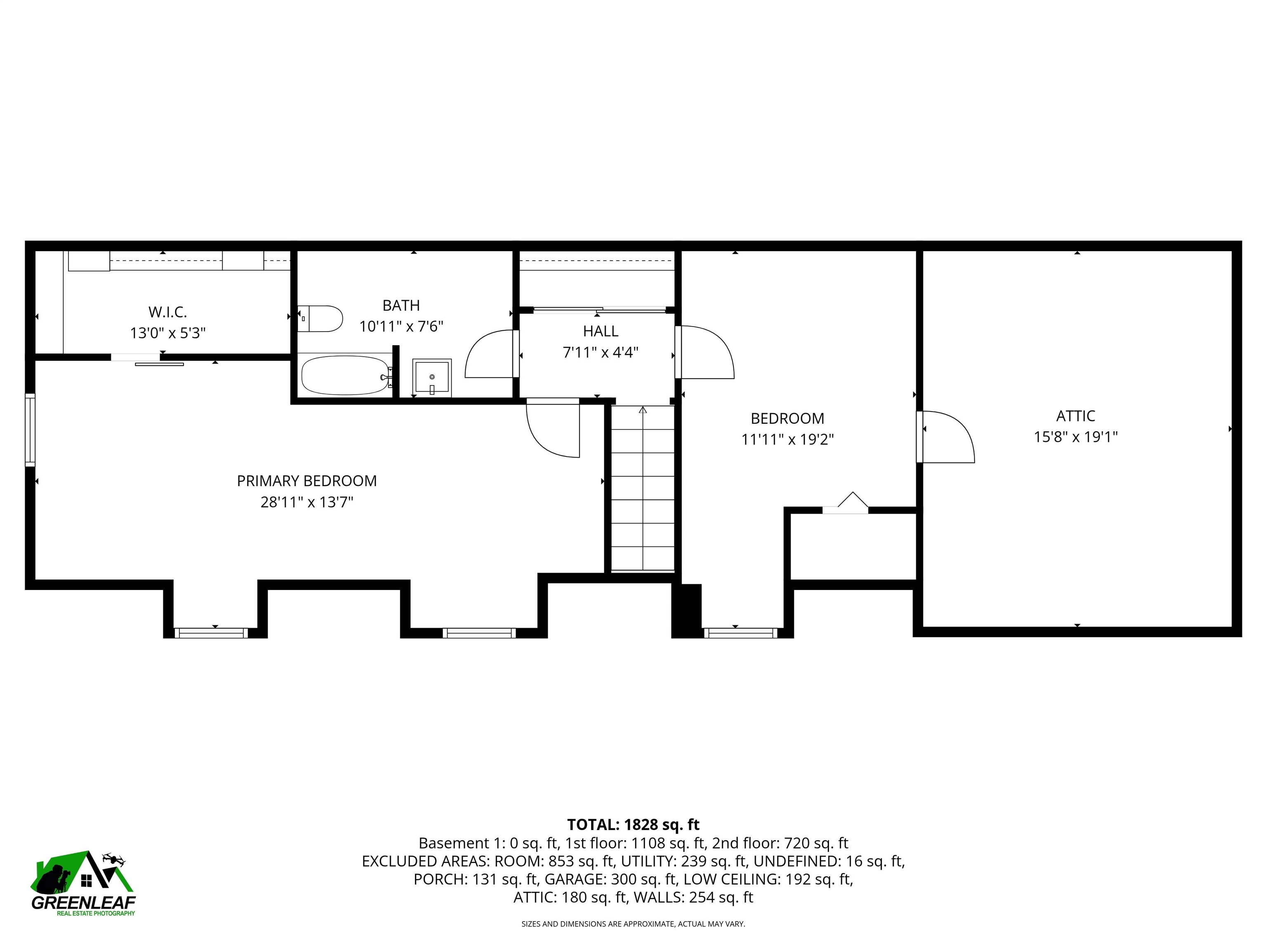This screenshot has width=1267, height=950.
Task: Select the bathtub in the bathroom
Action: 345,376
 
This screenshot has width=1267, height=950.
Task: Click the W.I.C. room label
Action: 167,312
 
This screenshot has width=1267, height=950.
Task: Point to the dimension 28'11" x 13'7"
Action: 306,502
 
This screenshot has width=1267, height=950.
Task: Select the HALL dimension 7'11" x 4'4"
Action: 600,352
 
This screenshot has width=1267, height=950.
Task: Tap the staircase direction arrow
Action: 643,410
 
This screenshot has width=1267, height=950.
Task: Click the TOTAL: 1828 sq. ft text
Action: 633,825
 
